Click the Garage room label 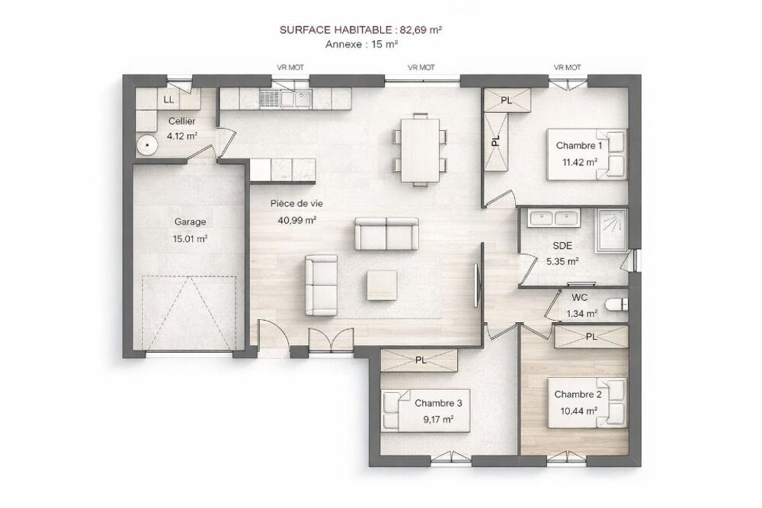(190, 222)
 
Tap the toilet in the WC (616, 305)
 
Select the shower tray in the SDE (612, 230)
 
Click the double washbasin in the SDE (554, 218)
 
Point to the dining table (421, 149)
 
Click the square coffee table (382, 285)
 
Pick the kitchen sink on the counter (296, 99)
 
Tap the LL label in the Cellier (168, 100)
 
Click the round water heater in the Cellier (146, 145)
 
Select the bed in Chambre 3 (426, 411)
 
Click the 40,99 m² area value (297, 220)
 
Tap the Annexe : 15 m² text (362, 44)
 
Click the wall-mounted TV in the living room (477, 286)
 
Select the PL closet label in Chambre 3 (421, 360)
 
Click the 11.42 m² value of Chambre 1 (579, 162)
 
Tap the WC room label (580, 298)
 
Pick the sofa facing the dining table (386, 234)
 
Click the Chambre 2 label (578, 395)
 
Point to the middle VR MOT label (421, 68)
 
